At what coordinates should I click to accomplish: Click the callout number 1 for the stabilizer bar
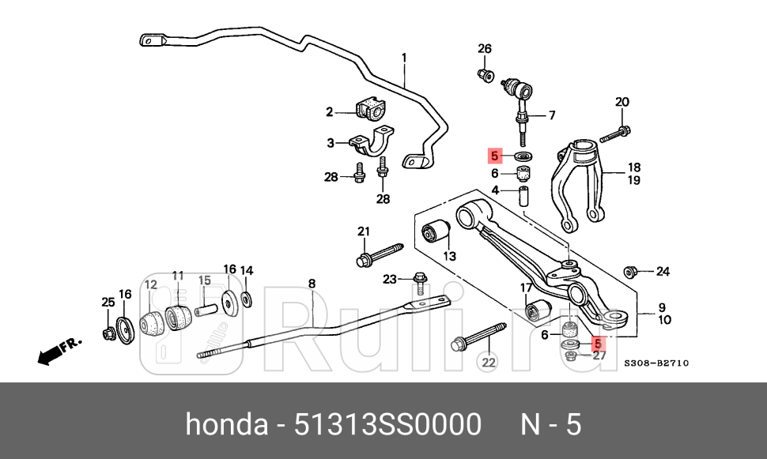(x=404, y=58)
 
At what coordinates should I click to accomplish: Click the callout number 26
(x=485, y=49)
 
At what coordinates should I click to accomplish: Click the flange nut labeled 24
(x=631, y=272)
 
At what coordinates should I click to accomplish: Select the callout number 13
(x=450, y=256)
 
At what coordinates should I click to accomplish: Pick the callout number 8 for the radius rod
(x=312, y=283)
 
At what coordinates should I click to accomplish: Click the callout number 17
(x=525, y=288)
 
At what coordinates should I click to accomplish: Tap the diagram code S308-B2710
(x=656, y=363)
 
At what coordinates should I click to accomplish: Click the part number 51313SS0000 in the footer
(x=387, y=425)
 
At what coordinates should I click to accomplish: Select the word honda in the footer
(x=225, y=425)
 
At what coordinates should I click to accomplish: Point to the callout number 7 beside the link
(x=551, y=115)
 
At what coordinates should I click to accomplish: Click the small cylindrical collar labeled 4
(x=523, y=195)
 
